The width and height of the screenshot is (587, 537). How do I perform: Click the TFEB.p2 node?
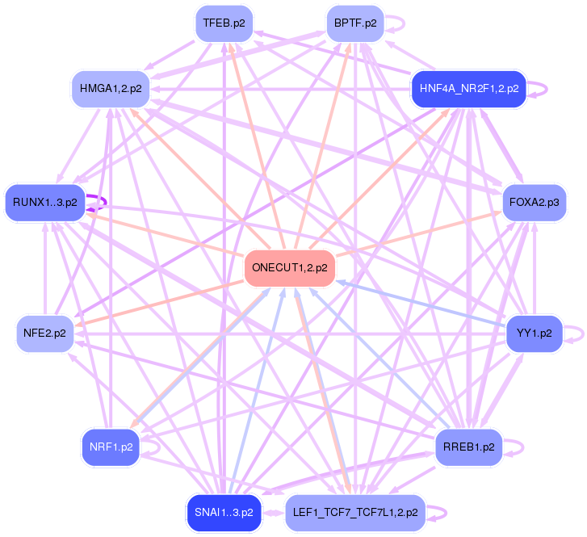coord(224,23)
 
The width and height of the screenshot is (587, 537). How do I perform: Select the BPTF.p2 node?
coord(354,23)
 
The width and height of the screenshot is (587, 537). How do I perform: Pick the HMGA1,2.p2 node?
coord(111,87)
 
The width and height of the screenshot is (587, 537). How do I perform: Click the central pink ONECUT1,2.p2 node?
coord(289,268)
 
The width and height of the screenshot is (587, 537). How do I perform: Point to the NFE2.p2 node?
coord(44,333)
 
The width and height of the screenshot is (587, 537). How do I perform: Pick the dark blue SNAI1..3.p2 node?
coord(224,512)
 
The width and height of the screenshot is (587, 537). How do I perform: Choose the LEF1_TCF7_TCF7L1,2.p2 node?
coord(354,512)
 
